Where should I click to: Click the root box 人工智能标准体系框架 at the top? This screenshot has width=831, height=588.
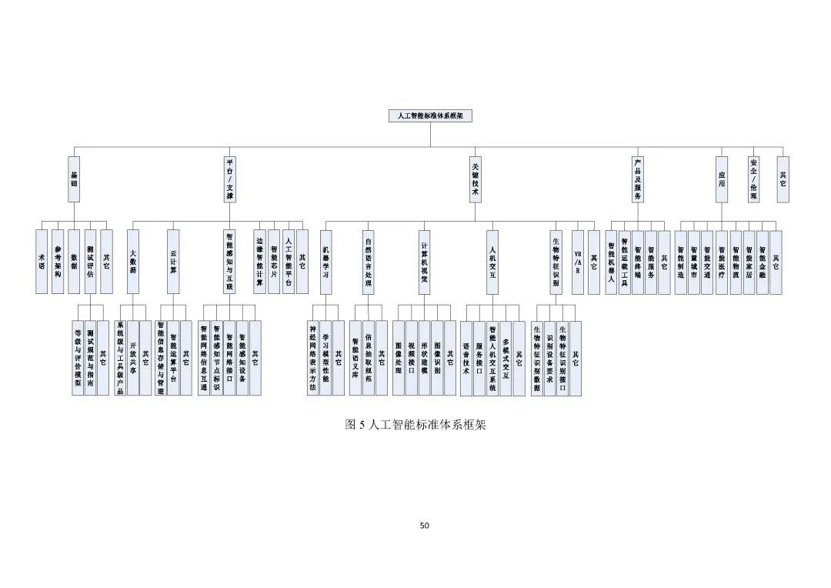pos(430,115)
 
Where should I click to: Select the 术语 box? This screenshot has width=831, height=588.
pos(42,262)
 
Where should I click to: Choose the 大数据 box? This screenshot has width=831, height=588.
pos(133,262)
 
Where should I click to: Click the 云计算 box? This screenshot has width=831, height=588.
pos(173,262)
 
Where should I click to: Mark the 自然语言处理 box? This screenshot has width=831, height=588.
pos(369,262)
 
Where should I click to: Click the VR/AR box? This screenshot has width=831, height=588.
pos(577,262)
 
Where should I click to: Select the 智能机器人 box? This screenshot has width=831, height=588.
pos(611,262)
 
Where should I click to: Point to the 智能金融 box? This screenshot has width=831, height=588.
pos(762,262)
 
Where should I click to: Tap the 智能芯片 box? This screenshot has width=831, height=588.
pos(274,262)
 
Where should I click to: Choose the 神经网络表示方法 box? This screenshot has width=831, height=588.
pos(312,358)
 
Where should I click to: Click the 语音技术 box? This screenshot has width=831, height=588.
pos(466,358)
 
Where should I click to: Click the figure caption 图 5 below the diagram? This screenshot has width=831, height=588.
pos(415,425)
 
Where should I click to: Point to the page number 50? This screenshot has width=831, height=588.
pos(424,526)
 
